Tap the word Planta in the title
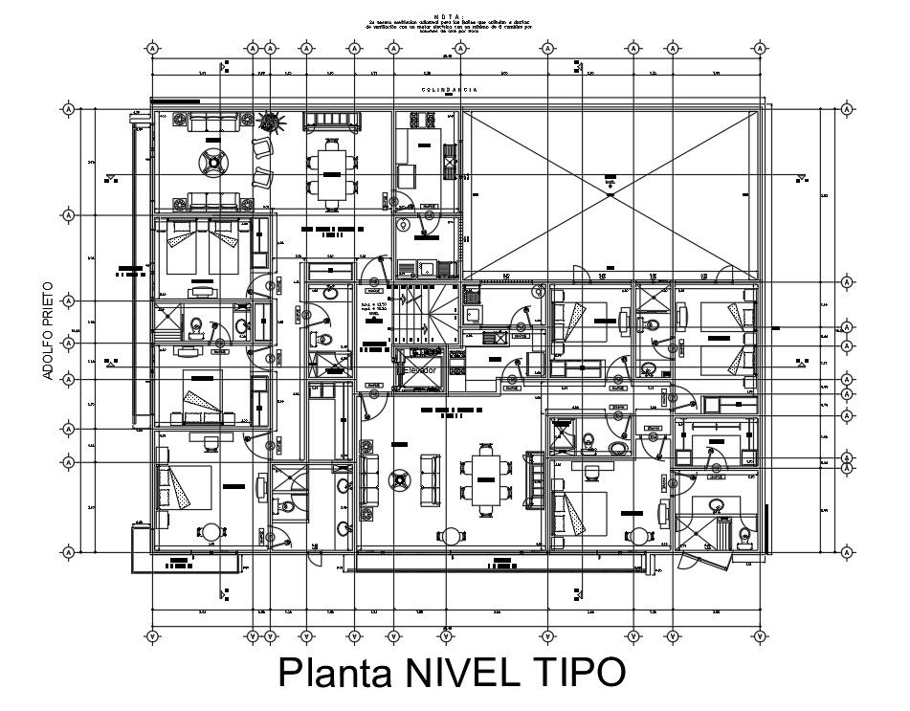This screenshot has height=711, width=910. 324,672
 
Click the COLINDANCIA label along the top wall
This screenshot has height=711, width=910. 450,90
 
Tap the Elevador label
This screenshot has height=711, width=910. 420,369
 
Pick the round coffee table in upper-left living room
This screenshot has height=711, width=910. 211,162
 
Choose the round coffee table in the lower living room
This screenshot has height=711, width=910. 399,476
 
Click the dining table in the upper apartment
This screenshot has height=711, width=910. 330,172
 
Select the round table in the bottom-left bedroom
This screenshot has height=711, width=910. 211,532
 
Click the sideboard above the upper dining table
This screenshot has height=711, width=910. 331,122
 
